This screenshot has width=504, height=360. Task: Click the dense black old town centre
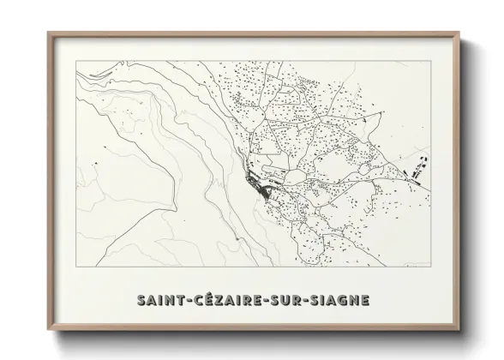255,182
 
